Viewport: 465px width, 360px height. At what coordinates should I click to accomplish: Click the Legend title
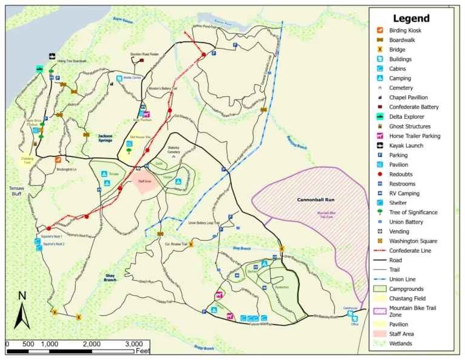click(411, 18)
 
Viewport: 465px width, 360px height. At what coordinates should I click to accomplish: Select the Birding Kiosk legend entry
click(405, 30)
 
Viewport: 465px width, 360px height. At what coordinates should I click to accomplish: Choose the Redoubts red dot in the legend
click(380, 175)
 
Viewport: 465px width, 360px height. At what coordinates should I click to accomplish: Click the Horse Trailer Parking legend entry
click(414, 136)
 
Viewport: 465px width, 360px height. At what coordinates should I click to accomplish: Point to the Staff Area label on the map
click(144, 181)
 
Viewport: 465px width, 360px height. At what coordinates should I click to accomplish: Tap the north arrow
click(22, 309)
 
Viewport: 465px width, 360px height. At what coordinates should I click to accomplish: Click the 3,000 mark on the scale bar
click(134, 344)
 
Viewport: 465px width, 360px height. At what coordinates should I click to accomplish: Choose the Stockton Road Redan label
click(144, 54)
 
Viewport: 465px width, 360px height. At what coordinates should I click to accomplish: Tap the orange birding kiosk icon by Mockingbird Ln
click(58, 160)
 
